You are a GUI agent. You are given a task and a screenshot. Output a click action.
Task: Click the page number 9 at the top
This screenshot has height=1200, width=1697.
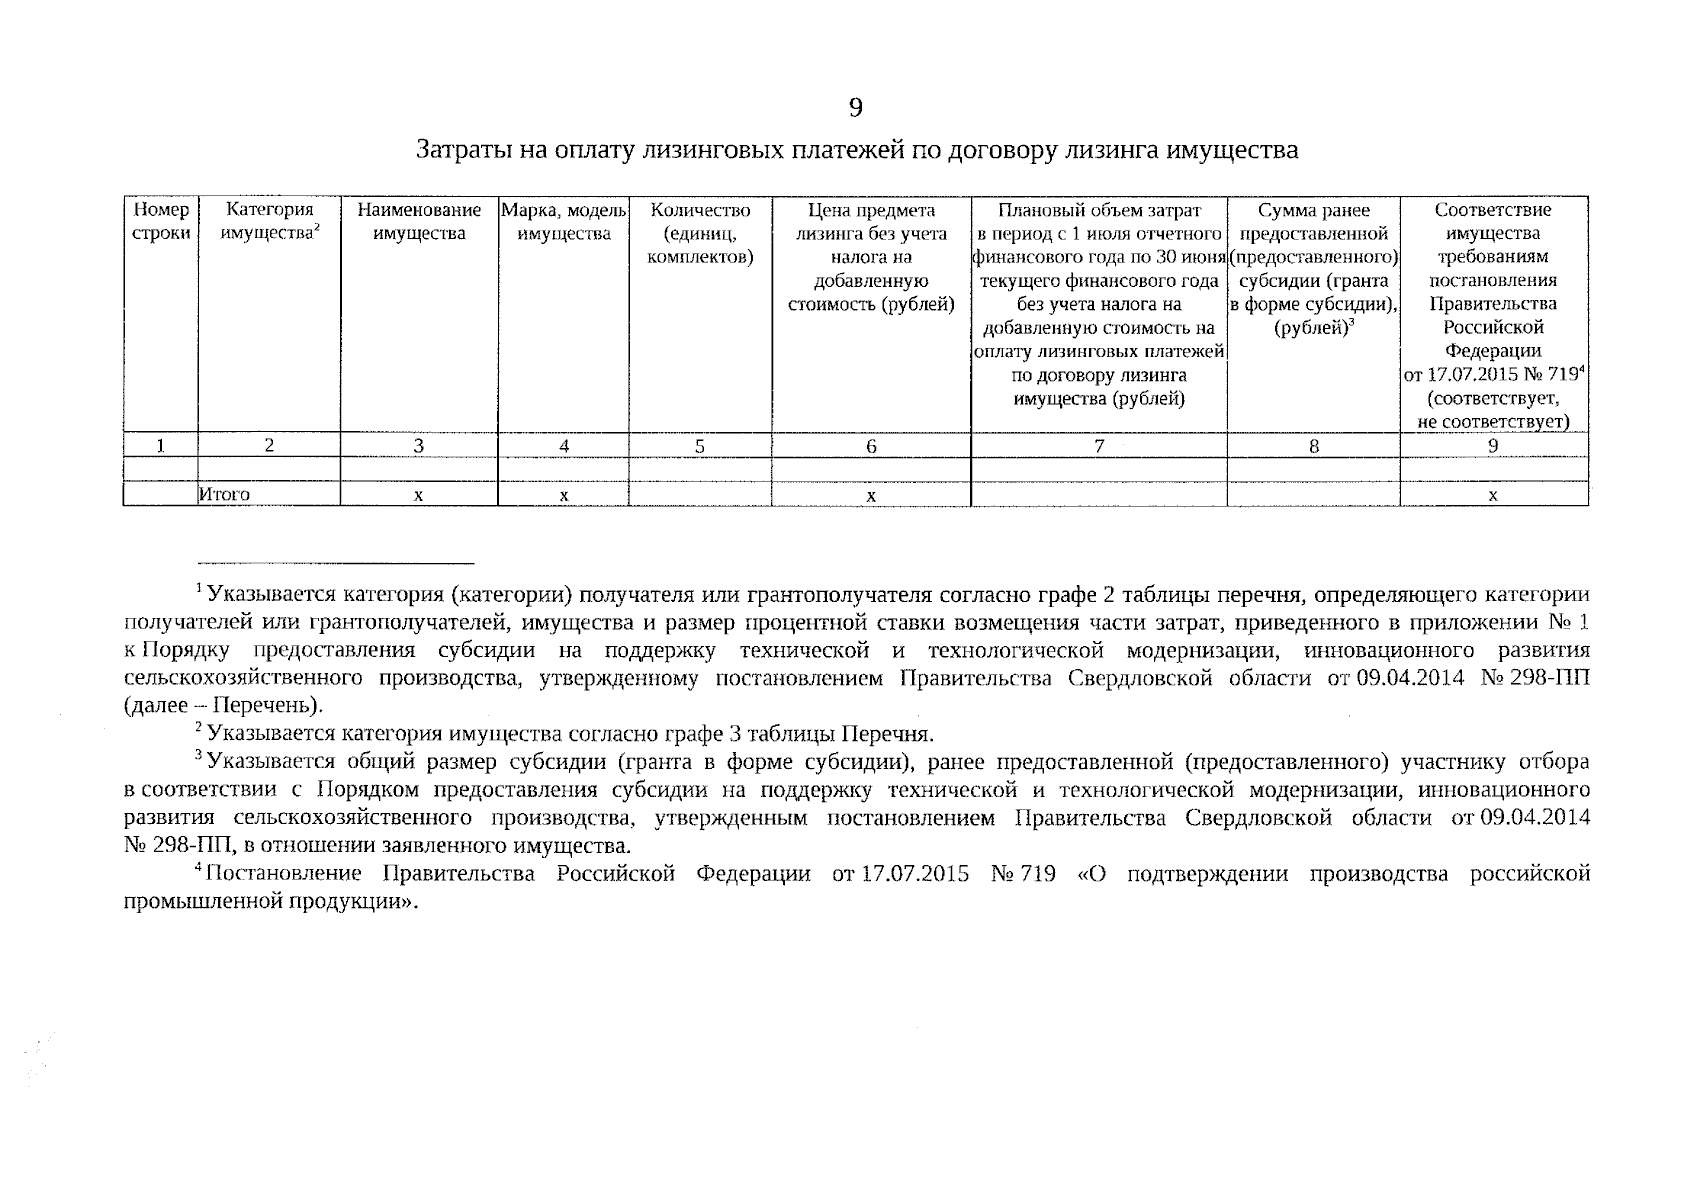(x=855, y=108)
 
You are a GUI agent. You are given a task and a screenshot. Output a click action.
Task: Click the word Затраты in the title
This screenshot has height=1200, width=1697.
(x=456, y=151)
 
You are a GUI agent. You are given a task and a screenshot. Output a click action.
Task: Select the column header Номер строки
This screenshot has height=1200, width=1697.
(x=161, y=222)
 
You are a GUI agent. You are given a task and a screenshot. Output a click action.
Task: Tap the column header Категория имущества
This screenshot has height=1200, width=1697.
(x=269, y=222)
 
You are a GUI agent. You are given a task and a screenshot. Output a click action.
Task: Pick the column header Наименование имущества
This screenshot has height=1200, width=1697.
(x=419, y=222)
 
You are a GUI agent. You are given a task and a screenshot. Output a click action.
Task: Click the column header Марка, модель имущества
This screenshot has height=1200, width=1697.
(x=564, y=222)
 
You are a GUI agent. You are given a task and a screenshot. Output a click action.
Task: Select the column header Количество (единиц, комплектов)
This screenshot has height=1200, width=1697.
(x=700, y=234)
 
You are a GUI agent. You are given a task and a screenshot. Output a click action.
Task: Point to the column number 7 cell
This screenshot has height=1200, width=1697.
(x=1098, y=447)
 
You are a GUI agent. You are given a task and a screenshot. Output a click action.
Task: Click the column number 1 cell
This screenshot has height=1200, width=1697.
(x=161, y=447)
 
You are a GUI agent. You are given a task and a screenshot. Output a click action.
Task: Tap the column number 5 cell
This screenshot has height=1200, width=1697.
(x=700, y=447)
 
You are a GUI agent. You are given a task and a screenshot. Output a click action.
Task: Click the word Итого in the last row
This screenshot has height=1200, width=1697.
(x=224, y=494)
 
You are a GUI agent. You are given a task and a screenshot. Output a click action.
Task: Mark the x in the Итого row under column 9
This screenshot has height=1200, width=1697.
(x=1493, y=495)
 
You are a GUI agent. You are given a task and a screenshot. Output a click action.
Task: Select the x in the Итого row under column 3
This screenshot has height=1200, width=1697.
(x=419, y=495)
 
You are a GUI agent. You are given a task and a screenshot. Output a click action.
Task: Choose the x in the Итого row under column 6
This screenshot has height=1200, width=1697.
(x=871, y=495)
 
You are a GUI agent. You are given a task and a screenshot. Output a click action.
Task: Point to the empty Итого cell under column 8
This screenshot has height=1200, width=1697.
(x=1313, y=494)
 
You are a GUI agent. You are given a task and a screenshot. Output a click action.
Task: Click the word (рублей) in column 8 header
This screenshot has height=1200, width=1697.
(x=1311, y=328)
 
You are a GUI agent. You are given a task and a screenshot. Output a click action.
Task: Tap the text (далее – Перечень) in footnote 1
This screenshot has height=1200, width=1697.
(x=223, y=706)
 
